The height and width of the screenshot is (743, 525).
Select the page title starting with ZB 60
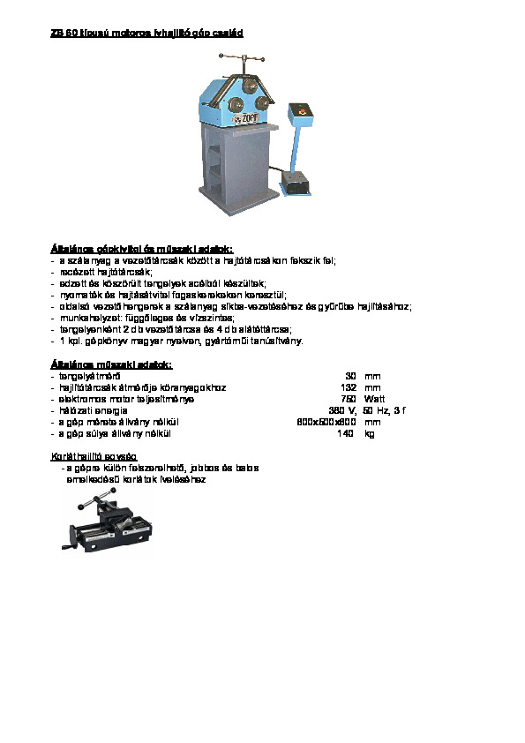click(146, 33)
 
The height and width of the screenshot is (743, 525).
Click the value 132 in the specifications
click(348, 387)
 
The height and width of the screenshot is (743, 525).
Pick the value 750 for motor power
click(348, 399)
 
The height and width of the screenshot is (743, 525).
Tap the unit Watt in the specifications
click(374, 399)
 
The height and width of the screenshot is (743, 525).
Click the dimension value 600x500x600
click(326, 422)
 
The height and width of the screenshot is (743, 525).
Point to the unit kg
click(369, 433)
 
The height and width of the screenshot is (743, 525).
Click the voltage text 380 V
click(341, 410)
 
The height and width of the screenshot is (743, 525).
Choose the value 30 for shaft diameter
click(350, 376)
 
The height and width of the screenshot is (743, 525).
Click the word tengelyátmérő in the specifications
click(89, 376)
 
